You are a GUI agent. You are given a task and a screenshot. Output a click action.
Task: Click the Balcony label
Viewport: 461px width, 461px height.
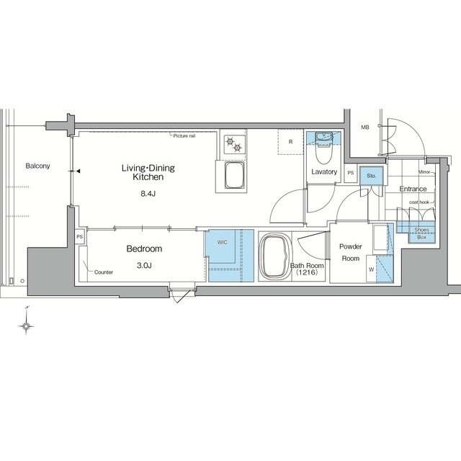pyautogui.click(x=37, y=166)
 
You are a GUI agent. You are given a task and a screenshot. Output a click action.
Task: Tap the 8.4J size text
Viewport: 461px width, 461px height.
pyautogui.click(x=148, y=194)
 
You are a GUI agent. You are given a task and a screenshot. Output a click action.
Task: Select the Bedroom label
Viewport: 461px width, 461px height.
pyautogui.click(x=144, y=249)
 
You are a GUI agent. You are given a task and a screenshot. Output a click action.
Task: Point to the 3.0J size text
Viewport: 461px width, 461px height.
pyautogui.click(x=144, y=266)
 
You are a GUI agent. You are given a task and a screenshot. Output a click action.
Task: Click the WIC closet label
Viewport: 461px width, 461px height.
pyautogui.click(x=223, y=242)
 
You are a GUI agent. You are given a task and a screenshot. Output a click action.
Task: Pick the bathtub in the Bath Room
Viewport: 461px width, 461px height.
pyautogui.click(x=275, y=256)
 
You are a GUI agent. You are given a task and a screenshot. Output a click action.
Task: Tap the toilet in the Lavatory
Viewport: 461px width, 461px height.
pyautogui.click(x=323, y=148)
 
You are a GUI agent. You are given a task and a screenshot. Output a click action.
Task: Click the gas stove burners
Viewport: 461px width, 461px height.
pyautogui.click(x=234, y=144)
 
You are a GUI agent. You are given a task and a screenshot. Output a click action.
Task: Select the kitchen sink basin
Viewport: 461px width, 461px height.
pyautogui.click(x=234, y=175)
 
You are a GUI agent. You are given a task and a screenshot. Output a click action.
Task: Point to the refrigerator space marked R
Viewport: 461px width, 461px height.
pyautogui.click(x=290, y=142)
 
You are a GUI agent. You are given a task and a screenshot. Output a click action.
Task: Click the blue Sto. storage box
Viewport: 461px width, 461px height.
pyautogui.click(x=372, y=176)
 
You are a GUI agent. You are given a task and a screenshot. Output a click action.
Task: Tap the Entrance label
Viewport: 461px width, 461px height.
pyautogui.click(x=413, y=189)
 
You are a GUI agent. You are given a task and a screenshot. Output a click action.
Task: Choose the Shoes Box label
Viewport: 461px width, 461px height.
pyautogui.click(x=421, y=233)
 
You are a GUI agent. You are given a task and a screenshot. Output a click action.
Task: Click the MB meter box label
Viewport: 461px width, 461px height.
pyautogui.click(x=365, y=127)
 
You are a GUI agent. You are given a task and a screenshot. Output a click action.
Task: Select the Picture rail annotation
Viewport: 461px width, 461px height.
pyautogui.click(x=184, y=136)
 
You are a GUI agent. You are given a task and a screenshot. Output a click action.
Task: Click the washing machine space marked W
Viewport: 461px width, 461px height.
pyautogui.click(x=372, y=269)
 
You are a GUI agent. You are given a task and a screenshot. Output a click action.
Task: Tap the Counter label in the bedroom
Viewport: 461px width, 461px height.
pyautogui.click(x=104, y=272)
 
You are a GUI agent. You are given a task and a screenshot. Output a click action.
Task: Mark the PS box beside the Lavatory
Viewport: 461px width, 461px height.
pyautogui.click(x=351, y=173)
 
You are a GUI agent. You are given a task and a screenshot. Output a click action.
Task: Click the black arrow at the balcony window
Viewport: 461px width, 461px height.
pyautogui.click(x=79, y=171)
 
